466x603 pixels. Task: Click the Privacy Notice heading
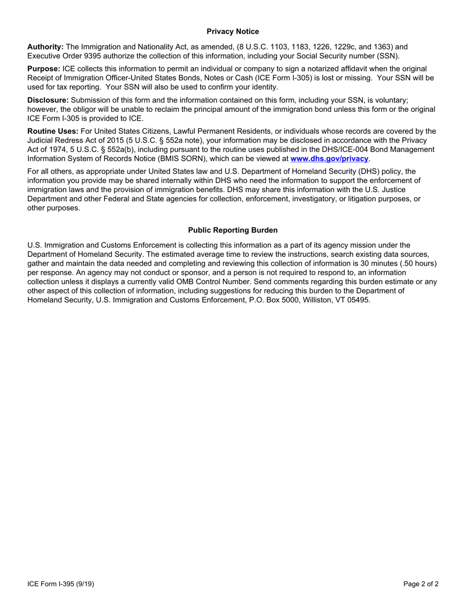coord(233,32)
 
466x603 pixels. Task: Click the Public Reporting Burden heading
coord(233,230)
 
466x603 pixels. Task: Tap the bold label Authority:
coord(45,47)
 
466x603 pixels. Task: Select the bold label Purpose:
coord(44,69)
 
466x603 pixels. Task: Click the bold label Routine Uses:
coord(52,131)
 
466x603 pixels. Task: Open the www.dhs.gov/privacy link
coord(329,159)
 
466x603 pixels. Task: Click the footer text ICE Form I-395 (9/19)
coord(61,584)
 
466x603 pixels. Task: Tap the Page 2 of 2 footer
coord(421,584)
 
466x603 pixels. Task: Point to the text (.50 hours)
coord(415,263)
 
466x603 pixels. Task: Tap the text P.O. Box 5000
coord(267,300)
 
